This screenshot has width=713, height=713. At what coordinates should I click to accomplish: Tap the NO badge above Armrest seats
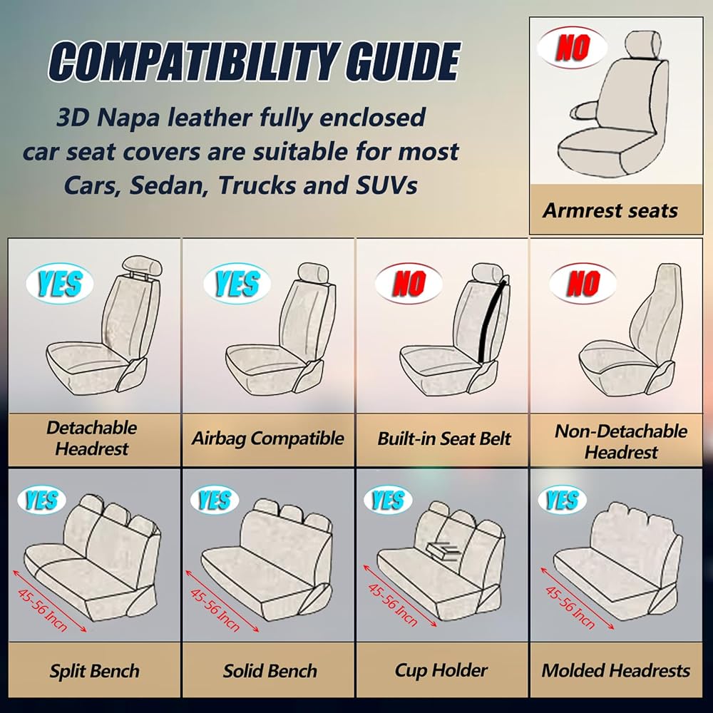click(x=573, y=47)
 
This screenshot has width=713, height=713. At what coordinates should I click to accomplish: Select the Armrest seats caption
click(x=610, y=210)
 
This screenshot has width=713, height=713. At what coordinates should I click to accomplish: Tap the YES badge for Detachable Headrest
click(x=60, y=284)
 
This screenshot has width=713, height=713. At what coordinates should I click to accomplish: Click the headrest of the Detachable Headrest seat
click(x=141, y=265)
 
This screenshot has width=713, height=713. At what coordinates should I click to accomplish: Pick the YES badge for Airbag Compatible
click(x=237, y=284)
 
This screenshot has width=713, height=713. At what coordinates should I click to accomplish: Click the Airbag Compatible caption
click(x=267, y=438)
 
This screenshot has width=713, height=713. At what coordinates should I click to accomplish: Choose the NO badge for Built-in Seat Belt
click(x=409, y=284)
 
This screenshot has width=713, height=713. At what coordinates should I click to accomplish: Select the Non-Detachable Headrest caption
click(x=621, y=441)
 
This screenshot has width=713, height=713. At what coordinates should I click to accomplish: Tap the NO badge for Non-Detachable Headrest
click(x=583, y=284)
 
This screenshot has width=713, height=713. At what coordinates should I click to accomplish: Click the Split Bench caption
click(x=95, y=671)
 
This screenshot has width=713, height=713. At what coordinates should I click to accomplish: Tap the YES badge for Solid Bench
click(x=214, y=500)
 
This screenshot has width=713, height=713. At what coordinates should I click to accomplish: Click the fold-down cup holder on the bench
click(x=443, y=550)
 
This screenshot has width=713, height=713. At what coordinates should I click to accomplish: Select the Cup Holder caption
click(x=441, y=671)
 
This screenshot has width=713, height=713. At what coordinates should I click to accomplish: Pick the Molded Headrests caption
click(x=616, y=671)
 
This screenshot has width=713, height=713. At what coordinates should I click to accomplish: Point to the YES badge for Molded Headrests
click(x=562, y=500)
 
